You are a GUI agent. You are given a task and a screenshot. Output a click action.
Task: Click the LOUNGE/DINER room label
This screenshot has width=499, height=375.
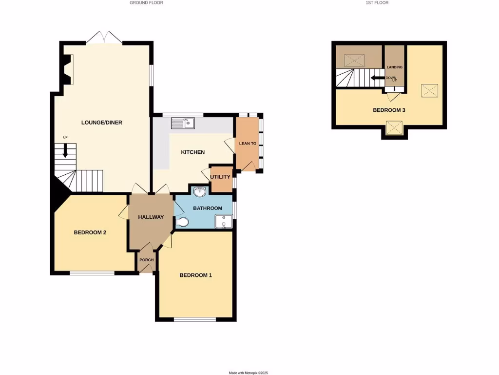102,123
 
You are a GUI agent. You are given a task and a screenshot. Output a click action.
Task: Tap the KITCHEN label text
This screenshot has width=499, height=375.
193,152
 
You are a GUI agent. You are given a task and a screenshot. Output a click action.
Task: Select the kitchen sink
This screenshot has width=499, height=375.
183,123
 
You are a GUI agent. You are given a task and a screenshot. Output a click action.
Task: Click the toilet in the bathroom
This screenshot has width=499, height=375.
182,223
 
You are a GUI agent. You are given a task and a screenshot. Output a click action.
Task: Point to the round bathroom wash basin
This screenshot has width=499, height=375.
199,191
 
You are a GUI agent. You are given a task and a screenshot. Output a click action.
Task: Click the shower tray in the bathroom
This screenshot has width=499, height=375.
224,222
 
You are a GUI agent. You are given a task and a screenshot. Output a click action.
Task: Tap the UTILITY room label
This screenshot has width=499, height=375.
220,177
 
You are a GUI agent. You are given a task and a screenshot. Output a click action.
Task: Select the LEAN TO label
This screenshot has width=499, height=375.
248,144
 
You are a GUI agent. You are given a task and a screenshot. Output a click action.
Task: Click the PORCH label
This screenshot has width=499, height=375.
146,260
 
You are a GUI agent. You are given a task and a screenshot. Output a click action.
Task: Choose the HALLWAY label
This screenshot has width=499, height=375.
151,217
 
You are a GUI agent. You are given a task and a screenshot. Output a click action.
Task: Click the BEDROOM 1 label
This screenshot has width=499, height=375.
196,275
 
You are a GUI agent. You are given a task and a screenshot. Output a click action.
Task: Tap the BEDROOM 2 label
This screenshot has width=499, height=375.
90,232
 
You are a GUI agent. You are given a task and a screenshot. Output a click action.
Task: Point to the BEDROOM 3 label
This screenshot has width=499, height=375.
389,110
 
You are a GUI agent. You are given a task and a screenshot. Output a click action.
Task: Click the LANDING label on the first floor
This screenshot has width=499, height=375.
394,67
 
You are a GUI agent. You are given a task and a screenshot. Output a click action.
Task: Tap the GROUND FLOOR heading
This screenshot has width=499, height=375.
146,3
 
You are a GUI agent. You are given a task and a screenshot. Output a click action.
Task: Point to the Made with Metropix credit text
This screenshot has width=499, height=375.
249,373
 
